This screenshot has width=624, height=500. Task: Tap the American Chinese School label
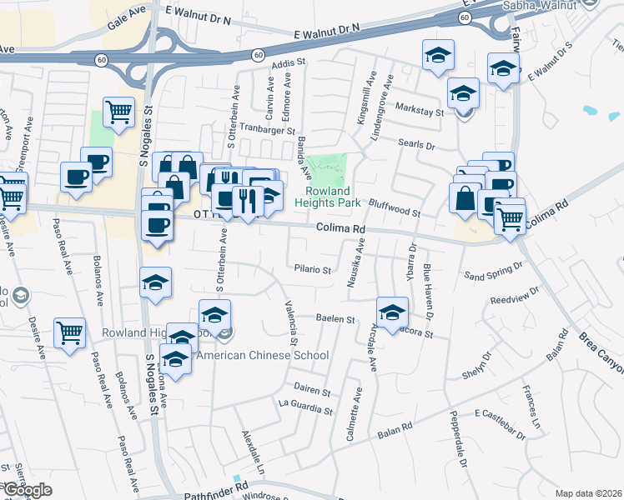click(x=262, y=355)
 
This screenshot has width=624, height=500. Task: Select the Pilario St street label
click(x=313, y=270)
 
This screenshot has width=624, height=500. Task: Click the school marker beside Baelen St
click(x=391, y=312)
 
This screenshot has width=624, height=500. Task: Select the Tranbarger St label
click(x=268, y=131)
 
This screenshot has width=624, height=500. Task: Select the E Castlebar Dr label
click(x=501, y=424)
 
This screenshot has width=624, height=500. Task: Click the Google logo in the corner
click(x=27, y=490)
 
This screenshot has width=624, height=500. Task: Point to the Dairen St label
click(x=312, y=391)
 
